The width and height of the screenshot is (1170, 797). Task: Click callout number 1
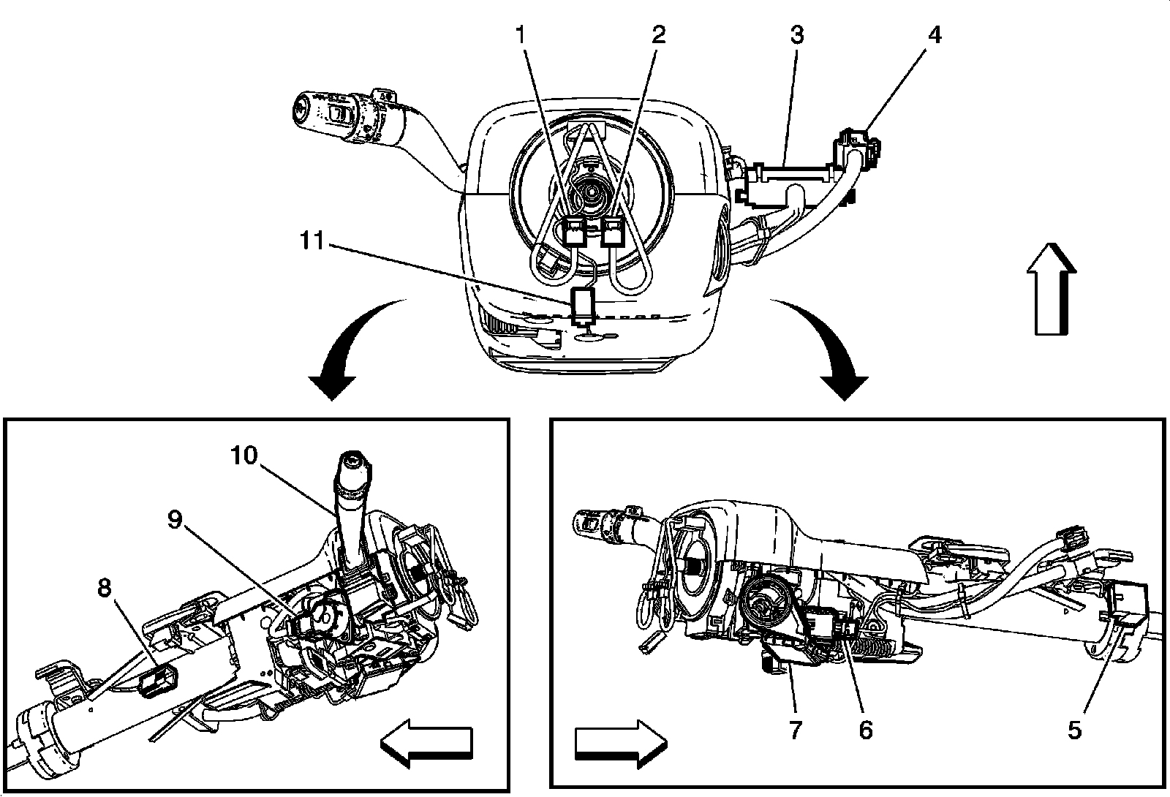pos(520,34)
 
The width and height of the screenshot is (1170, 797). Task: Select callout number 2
pos(659,34)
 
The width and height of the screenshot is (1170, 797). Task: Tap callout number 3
pos(797,34)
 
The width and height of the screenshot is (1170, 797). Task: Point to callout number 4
pos(935,34)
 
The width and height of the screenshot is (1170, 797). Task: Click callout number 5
pos(1074,730)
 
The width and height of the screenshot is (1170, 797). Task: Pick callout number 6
pos(866,730)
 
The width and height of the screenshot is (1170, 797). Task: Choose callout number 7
pos(795,730)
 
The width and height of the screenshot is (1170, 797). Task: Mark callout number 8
pos(105,588)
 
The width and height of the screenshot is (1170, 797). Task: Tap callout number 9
pos(175,519)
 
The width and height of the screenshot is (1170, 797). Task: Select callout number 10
pos(244,456)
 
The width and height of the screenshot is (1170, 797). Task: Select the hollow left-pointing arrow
pos(426,743)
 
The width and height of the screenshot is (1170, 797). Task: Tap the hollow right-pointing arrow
pos(621,743)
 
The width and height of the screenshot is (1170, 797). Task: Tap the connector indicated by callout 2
pos(614,232)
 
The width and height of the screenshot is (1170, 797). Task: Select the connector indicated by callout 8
pos(158,681)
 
